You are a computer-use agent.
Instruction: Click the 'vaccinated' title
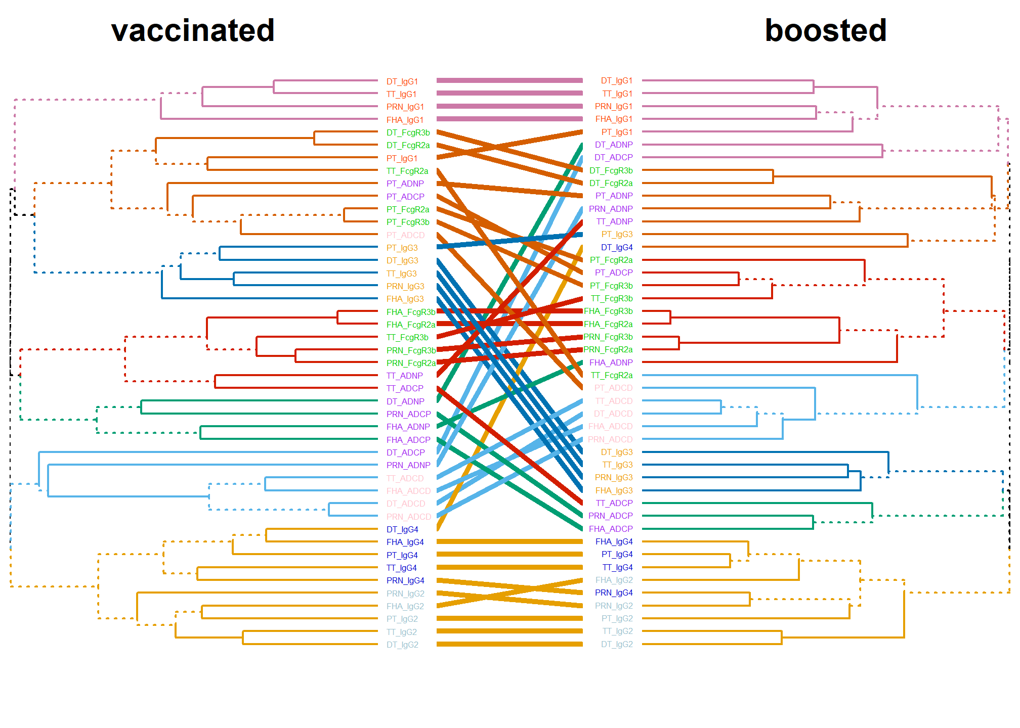(x=193, y=30)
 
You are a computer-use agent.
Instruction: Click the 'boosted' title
(x=826, y=30)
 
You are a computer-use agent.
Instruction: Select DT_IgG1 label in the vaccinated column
(x=402, y=81)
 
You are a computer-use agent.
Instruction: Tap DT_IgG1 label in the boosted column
(x=617, y=81)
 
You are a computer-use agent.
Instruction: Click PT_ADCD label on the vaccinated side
(x=405, y=235)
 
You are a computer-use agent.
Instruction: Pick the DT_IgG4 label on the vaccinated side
(x=402, y=529)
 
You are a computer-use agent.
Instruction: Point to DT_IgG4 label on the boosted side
(x=617, y=247)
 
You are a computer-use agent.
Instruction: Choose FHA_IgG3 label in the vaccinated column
(x=405, y=299)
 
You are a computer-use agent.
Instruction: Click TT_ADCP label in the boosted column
(x=614, y=503)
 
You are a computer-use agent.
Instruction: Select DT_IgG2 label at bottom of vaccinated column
(x=402, y=645)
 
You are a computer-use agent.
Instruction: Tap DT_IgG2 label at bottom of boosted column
(x=617, y=644)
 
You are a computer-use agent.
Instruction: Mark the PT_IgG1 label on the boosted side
(x=617, y=132)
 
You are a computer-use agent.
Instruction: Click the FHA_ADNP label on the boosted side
(x=611, y=362)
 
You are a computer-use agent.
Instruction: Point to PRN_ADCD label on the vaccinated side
(x=409, y=517)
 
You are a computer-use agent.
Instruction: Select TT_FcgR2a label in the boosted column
(x=612, y=375)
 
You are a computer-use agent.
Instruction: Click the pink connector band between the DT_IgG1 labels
(x=509, y=80)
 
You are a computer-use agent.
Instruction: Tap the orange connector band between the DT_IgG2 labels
(x=509, y=644)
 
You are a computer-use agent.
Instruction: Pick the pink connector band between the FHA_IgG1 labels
(x=509, y=119)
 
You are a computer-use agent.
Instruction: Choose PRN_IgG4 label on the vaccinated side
(x=405, y=580)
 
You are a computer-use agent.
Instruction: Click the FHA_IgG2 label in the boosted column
(x=614, y=580)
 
